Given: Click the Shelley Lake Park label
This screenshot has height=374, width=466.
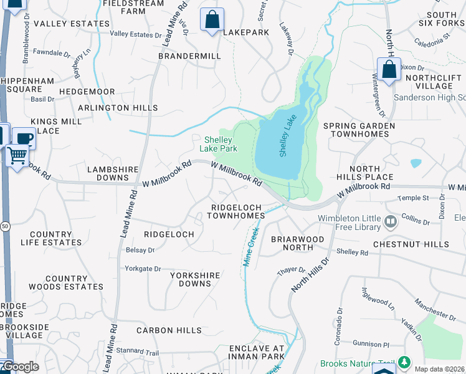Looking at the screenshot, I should [219, 144].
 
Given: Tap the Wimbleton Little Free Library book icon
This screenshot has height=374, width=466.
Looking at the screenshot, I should [390, 221].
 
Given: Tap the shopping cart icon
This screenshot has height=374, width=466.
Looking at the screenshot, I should [17, 155].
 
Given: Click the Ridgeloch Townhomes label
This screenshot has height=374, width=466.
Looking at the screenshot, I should [236, 211].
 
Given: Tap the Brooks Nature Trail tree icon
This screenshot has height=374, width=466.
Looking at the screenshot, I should [404, 362].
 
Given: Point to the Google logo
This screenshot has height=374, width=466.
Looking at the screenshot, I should [20, 367].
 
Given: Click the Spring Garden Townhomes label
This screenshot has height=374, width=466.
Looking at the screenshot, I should [359, 130].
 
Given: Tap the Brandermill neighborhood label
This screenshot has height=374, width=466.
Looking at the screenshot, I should [189, 55].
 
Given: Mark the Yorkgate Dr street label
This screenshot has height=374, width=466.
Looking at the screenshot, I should [143, 269].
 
